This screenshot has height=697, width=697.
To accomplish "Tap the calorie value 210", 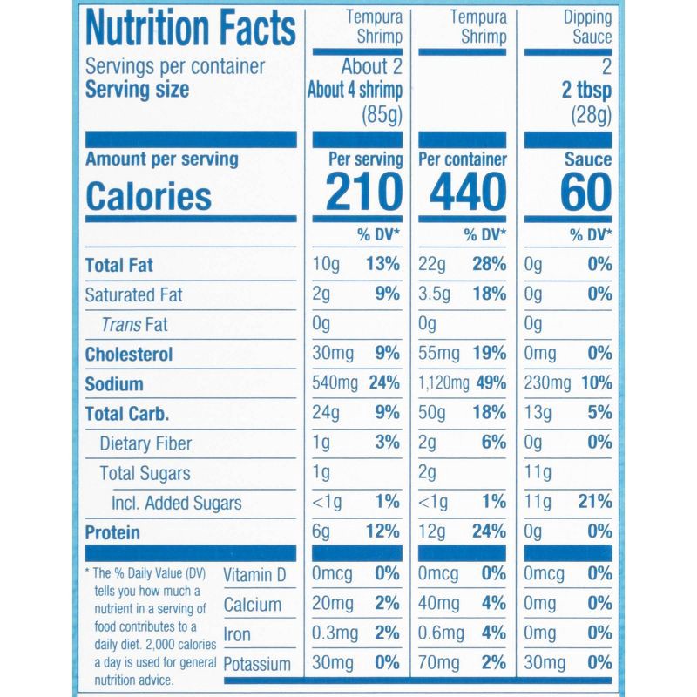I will tap(364, 192).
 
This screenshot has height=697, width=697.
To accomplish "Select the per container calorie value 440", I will tap(463, 192).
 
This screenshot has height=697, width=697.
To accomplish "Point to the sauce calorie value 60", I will tap(585, 192).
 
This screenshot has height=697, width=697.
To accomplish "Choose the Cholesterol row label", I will tap(129, 355).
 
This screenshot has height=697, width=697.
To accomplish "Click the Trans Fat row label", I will tap(134, 325).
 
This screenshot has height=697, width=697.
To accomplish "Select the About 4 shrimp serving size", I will tap(355, 91).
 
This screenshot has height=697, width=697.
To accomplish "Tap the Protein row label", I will tap(112, 532).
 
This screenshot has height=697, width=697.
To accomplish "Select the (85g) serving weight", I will tap(382, 113).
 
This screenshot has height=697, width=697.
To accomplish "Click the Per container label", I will tap(463, 160).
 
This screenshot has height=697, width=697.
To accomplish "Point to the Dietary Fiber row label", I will tap(145, 443).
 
